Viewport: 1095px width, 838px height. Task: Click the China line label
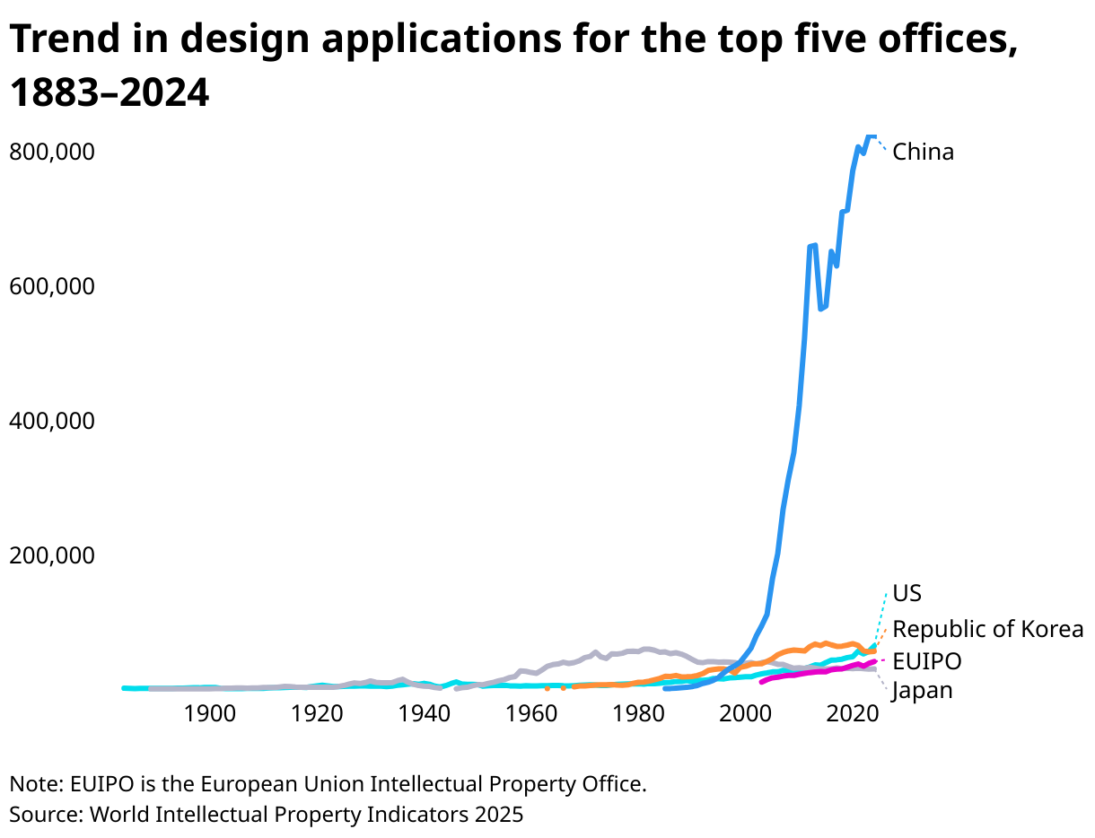point(923,152)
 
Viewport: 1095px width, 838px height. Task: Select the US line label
point(907,594)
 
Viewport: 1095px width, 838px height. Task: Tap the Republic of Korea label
point(987,629)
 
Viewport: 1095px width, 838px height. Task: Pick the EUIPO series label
point(926,662)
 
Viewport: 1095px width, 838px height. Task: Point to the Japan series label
point(922,691)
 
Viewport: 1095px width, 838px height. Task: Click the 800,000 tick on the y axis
point(51,152)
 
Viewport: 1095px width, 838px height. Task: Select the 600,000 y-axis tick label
point(51,286)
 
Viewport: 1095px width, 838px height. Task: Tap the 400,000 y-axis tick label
point(51,421)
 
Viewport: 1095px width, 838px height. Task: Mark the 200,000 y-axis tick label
point(51,555)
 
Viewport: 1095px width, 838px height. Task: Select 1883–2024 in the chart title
point(109,93)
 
